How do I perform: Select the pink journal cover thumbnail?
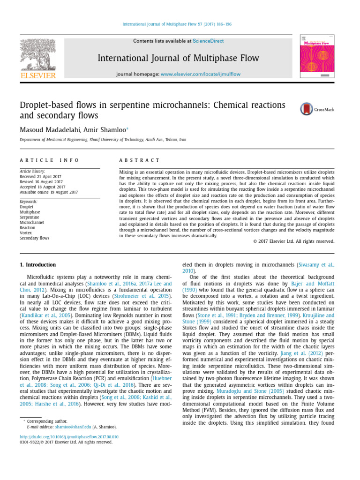[317, 57]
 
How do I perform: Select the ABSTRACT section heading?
[140, 160]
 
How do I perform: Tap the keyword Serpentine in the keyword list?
[29, 217]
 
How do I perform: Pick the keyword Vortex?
[26, 233]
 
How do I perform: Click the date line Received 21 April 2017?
[44, 177]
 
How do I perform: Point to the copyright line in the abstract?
[291, 241]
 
